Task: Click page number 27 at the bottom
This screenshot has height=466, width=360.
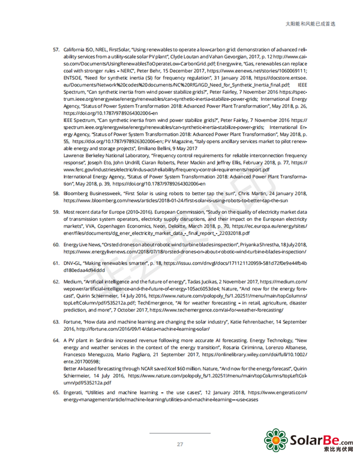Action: tap(179, 444)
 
